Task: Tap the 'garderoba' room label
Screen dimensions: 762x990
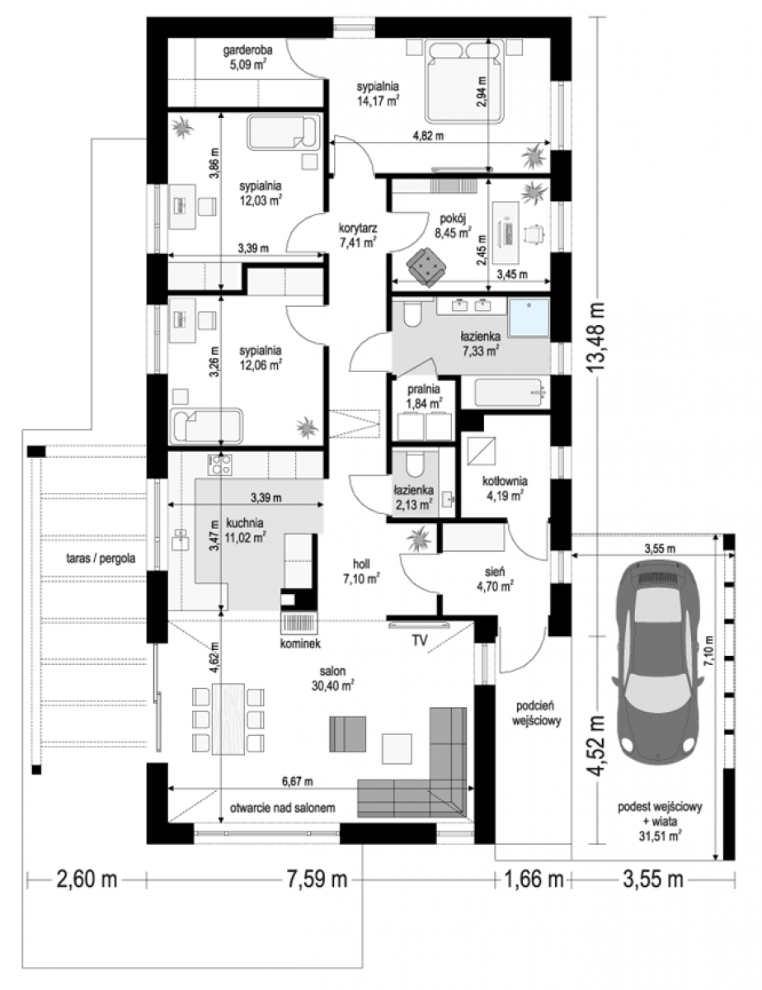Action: [x=247, y=49]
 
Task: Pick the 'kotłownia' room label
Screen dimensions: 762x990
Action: [x=505, y=481]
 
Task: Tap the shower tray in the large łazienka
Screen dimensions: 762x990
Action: [x=529, y=318]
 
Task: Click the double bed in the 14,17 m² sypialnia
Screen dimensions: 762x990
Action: [x=464, y=81]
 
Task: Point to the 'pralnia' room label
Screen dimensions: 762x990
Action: [x=423, y=389]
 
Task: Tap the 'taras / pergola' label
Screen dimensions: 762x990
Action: [x=100, y=558]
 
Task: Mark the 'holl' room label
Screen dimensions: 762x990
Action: [x=361, y=564]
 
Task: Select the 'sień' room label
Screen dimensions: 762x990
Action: [x=495, y=571]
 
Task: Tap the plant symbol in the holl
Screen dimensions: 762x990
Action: [x=419, y=539]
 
